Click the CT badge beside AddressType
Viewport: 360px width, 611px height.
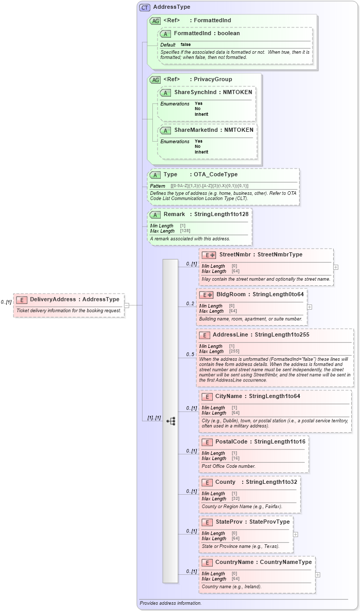click(145, 7)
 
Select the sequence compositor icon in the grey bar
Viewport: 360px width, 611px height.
click(170, 421)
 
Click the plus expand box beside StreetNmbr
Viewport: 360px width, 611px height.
click(336, 267)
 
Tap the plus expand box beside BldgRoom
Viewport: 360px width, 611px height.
click(309, 307)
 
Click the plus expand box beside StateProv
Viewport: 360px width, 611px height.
click(295, 534)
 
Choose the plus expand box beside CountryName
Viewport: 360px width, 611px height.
click(318, 574)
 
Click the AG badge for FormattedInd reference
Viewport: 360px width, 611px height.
click(155, 21)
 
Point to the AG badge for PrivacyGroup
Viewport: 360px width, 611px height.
click(155, 80)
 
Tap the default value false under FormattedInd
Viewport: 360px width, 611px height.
click(185, 45)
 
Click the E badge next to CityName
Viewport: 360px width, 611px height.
click(207, 396)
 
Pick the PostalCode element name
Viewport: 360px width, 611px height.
click(231, 441)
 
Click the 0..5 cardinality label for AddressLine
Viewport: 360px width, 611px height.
click(190, 354)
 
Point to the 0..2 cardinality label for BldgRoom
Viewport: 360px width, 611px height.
click(190, 303)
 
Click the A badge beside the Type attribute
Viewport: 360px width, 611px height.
click(155, 175)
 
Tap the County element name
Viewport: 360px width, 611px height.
click(225, 482)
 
